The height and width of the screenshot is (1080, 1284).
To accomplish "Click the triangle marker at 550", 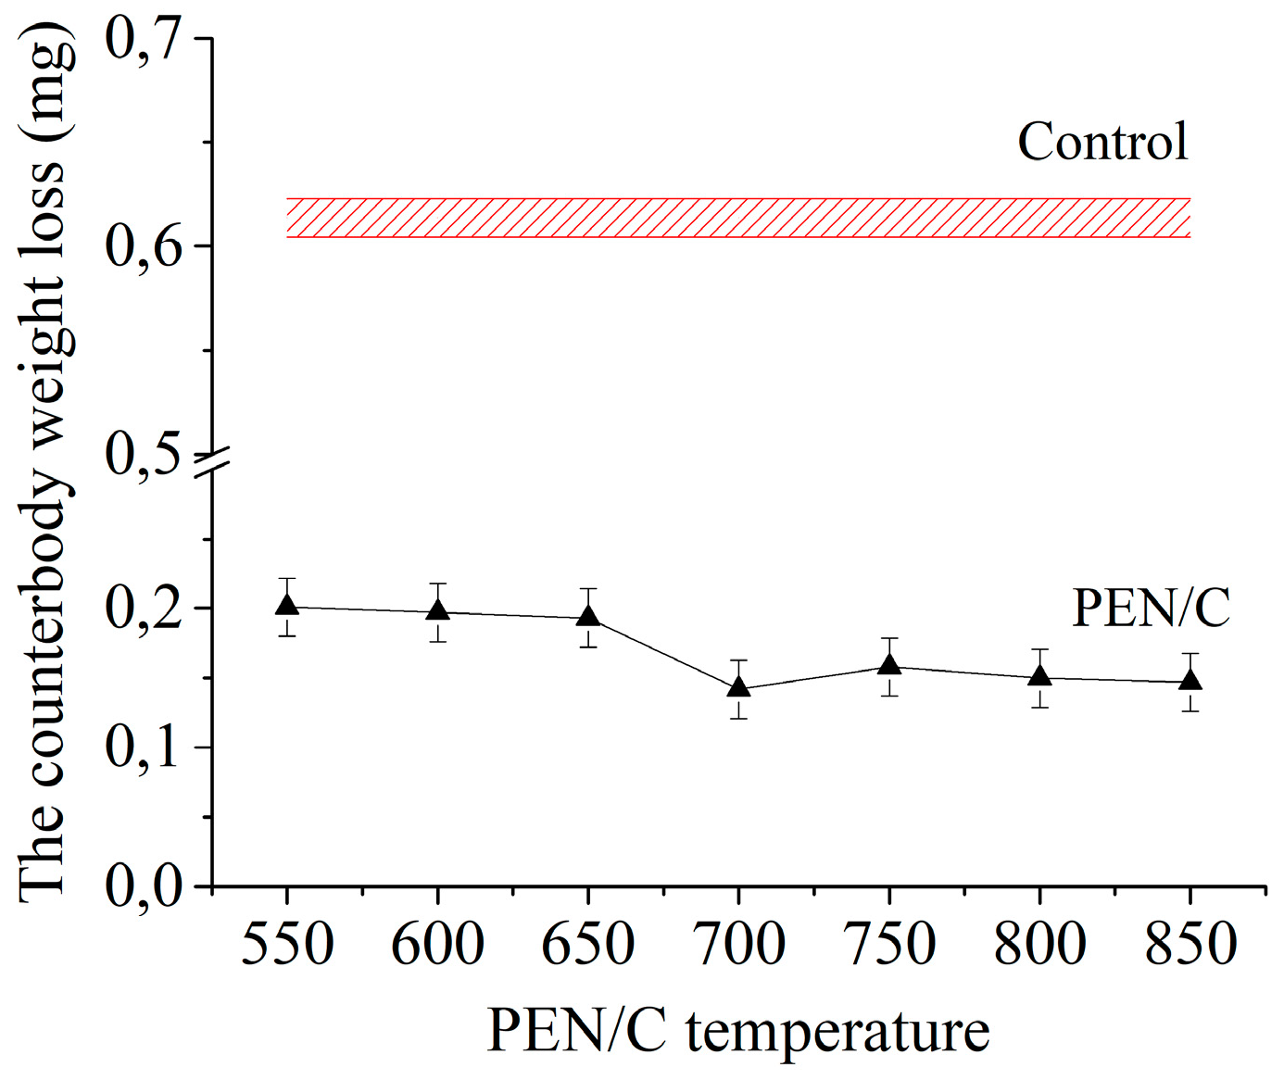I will pyautogui.click(x=287, y=606).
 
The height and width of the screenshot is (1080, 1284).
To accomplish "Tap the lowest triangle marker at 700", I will pyautogui.click(x=738, y=687).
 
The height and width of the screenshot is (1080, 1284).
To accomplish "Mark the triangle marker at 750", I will pyautogui.click(x=889, y=665).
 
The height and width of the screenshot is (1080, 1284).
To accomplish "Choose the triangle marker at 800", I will pyautogui.click(x=1039, y=676).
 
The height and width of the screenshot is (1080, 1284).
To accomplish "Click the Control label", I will pyautogui.click(x=1102, y=142).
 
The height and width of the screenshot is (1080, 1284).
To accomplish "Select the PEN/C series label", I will pyautogui.click(x=1151, y=609).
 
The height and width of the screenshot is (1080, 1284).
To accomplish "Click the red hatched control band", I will pyautogui.click(x=738, y=218).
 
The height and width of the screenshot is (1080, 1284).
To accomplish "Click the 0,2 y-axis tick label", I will pyautogui.click(x=144, y=609).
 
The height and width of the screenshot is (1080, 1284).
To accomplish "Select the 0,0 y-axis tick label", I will pyautogui.click(x=144, y=887).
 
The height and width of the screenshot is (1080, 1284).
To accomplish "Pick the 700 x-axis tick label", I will pyautogui.click(x=738, y=945).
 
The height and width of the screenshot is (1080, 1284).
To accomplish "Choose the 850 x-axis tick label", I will pyautogui.click(x=1190, y=945).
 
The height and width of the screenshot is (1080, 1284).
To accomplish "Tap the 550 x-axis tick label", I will pyautogui.click(x=287, y=945).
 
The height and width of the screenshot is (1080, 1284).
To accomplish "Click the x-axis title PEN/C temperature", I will pyautogui.click(x=738, y=1031).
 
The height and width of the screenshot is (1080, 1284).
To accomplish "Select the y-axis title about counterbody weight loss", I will pyautogui.click(x=44, y=463).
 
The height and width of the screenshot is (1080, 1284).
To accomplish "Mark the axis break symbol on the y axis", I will pyautogui.click(x=212, y=463).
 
